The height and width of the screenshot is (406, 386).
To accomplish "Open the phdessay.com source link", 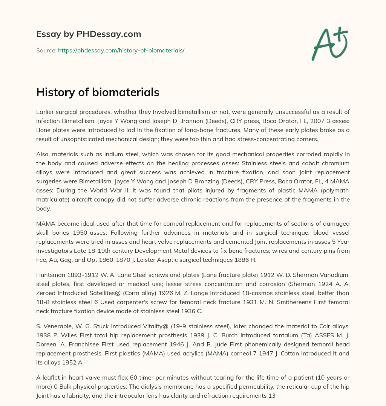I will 121,50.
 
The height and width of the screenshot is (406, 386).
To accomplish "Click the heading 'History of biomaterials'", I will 98,92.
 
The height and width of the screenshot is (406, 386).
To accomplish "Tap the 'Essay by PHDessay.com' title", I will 89,34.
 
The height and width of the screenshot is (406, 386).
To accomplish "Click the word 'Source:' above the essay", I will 46,50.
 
